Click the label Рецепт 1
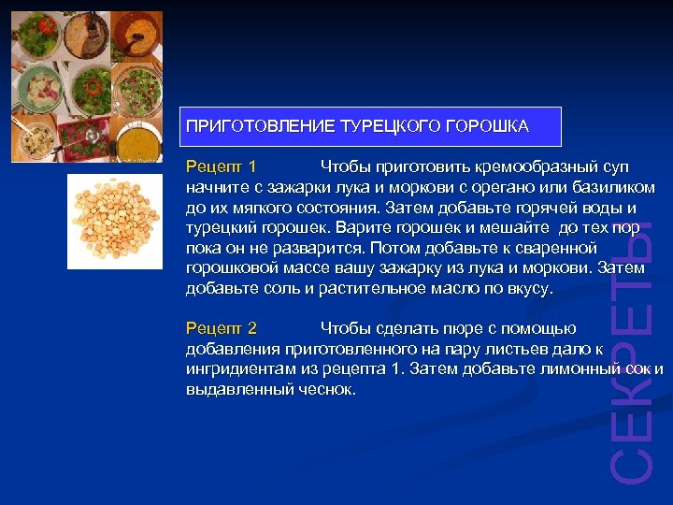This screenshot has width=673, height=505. click(221, 166)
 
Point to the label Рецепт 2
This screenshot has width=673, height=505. click(221, 328)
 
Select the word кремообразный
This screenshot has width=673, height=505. click(528, 166)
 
